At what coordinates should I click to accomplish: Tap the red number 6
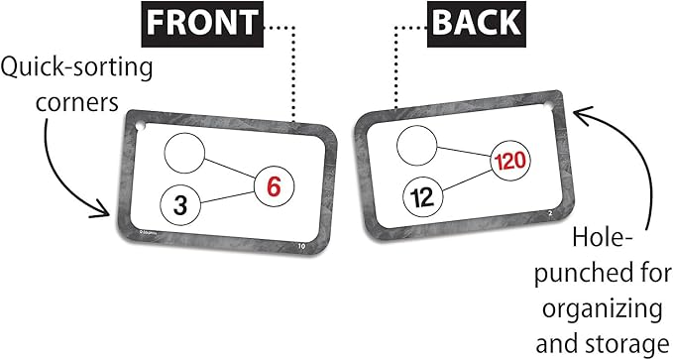273,184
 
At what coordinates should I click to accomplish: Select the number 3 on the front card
181,205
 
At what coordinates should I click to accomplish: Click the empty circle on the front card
183,154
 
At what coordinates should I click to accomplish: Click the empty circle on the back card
416,145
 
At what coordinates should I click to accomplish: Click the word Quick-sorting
76,68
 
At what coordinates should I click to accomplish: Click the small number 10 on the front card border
287,243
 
